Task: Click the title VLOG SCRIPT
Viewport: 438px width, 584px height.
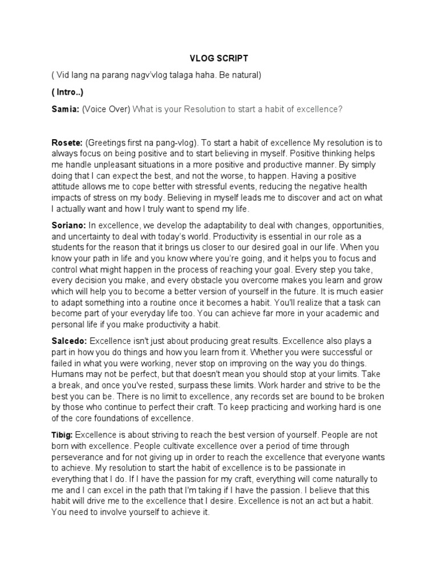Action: point(218,59)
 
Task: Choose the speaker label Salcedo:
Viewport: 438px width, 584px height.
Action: point(70,340)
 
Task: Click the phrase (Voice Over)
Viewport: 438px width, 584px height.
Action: point(106,109)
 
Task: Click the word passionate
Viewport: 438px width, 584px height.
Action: point(336,468)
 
